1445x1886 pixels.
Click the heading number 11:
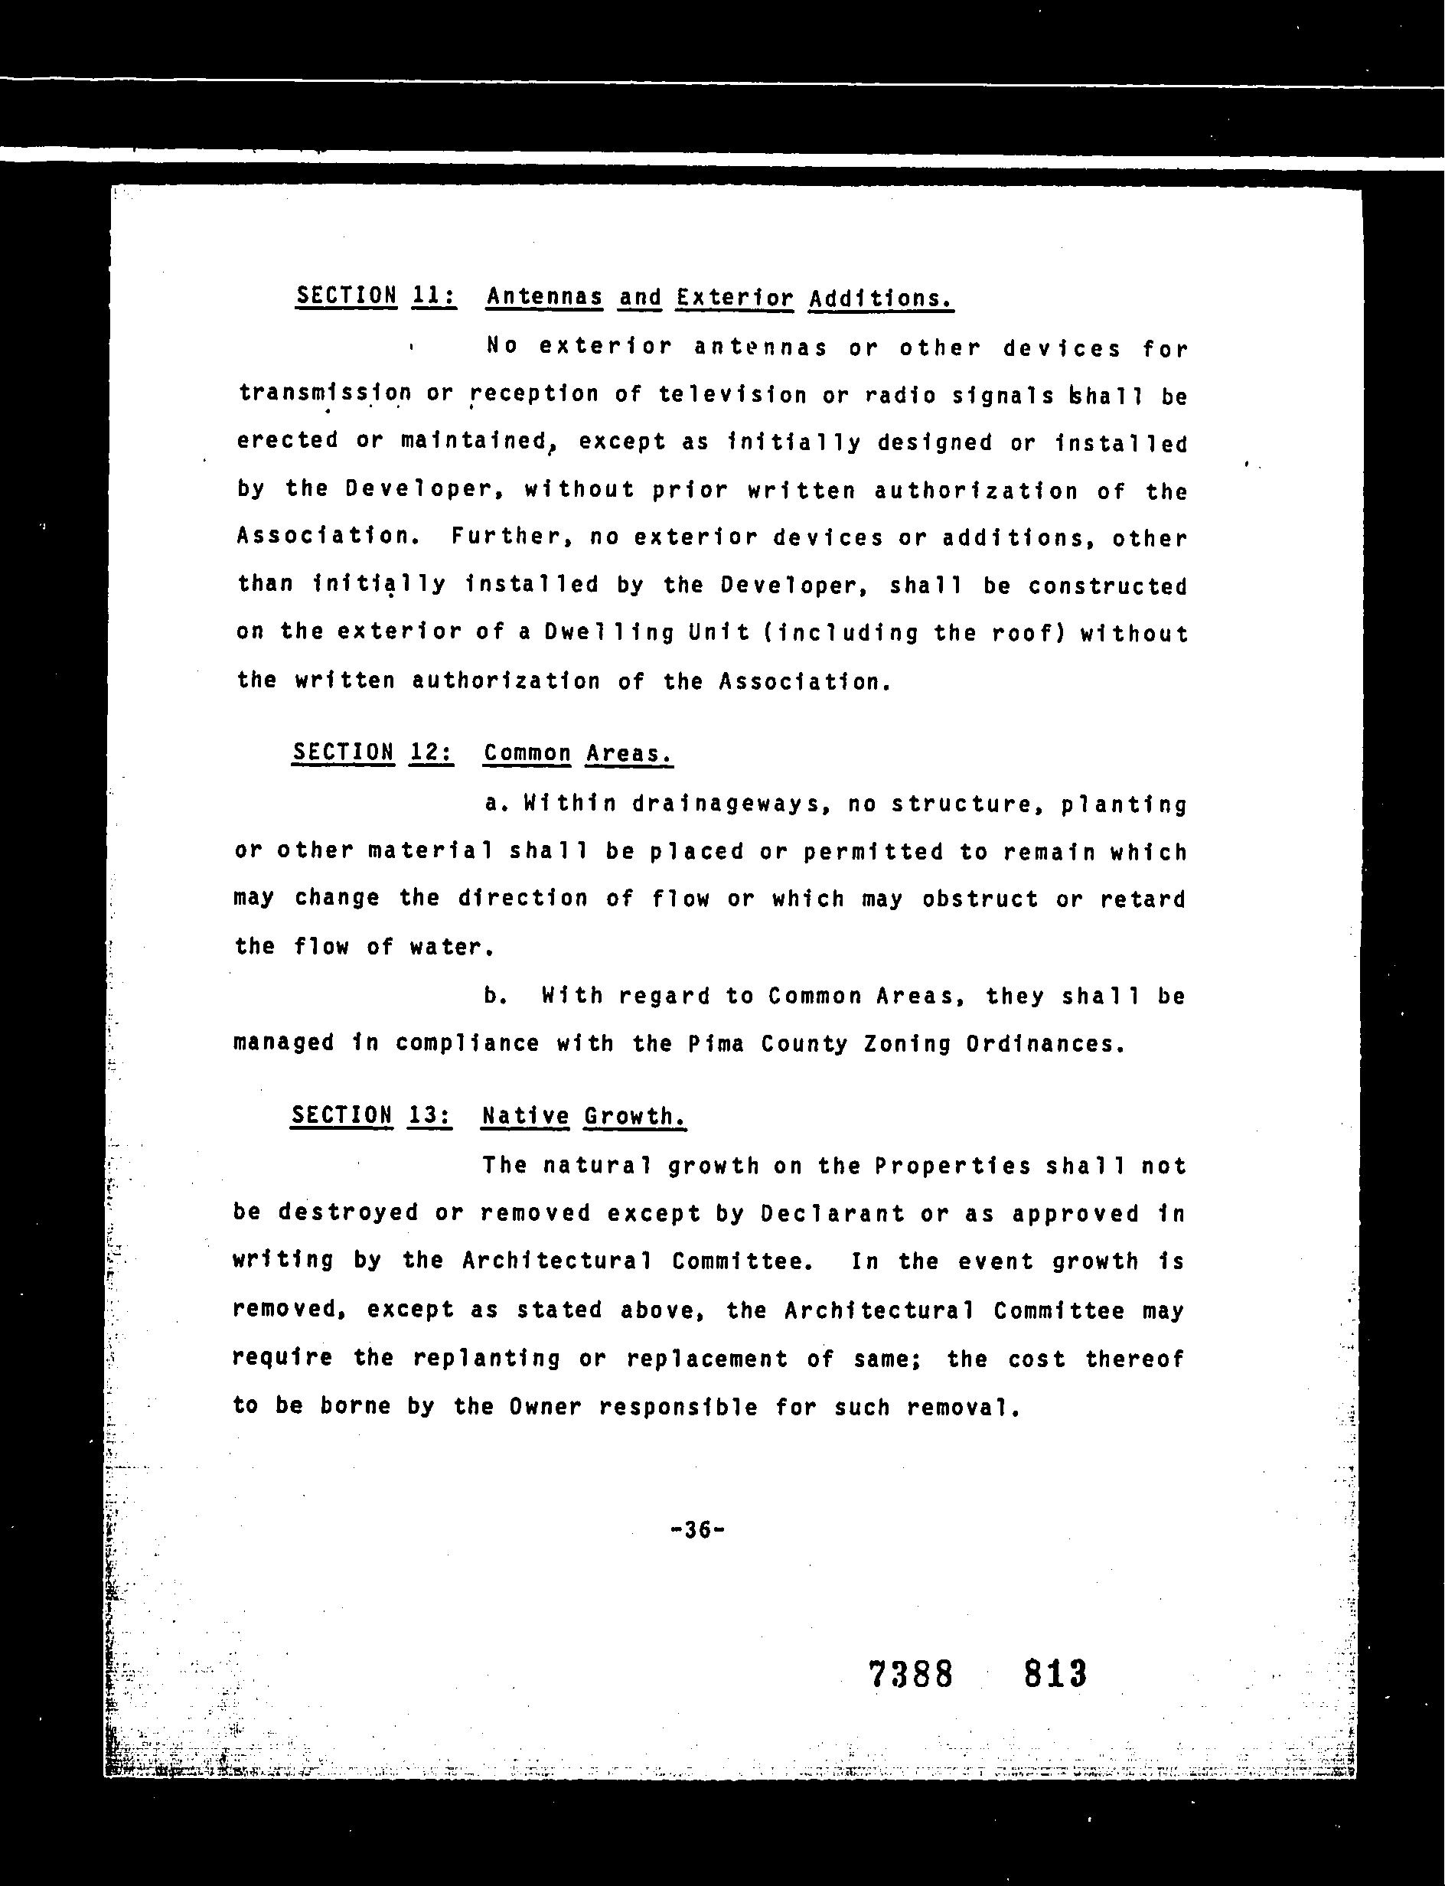pyautogui.click(x=433, y=296)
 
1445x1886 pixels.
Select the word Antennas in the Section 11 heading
pyautogui.click(x=543, y=297)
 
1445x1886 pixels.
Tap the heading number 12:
pyautogui.click(x=431, y=752)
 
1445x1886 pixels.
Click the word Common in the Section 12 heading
pyautogui.click(x=527, y=753)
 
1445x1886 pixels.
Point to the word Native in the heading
pyautogui.click(x=525, y=1115)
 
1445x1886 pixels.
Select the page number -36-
pyautogui.click(x=696, y=1529)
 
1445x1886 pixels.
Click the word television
pyautogui.click(x=732, y=395)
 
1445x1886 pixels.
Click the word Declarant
pyautogui.click(x=833, y=1213)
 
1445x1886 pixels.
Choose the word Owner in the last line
pyautogui.click(x=545, y=1407)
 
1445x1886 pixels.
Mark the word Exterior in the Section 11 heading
pyautogui.click(x=734, y=298)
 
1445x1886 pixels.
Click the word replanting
pyautogui.click(x=487, y=1359)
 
